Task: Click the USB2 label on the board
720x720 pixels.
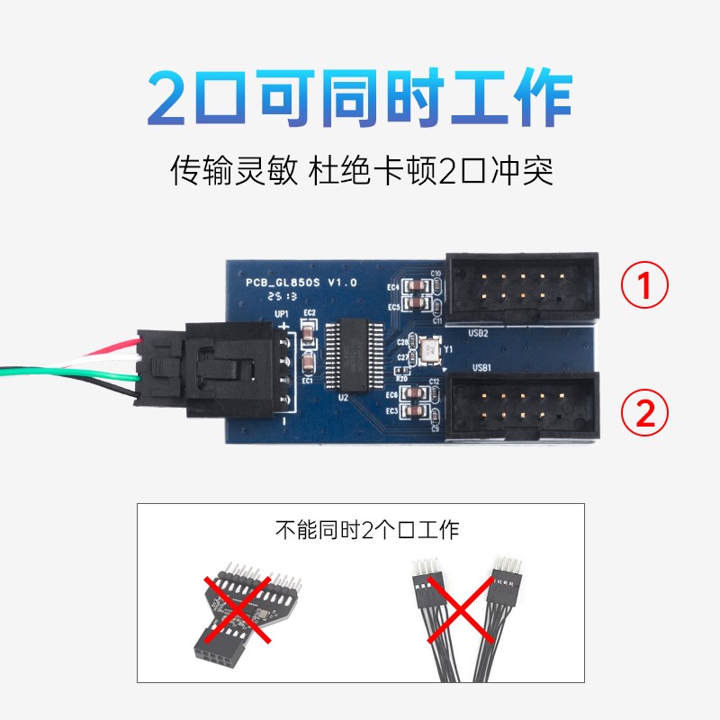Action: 479,333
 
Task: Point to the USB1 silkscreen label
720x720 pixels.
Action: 481,368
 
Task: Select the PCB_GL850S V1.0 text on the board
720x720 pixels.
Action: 301,282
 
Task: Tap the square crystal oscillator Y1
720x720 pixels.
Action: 429,348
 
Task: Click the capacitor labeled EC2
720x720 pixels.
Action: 309,333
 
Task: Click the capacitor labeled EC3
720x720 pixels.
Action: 417,411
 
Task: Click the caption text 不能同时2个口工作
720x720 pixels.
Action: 366,529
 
